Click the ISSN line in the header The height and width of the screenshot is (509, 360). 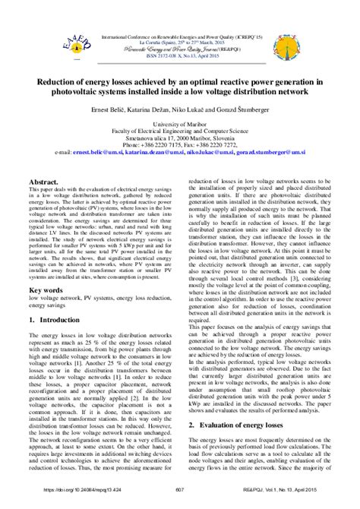180,55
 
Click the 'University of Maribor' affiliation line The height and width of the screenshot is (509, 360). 180,122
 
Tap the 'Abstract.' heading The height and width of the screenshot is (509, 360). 46,184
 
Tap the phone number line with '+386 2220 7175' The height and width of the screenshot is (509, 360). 180,144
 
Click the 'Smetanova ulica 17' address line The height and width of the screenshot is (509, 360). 180,137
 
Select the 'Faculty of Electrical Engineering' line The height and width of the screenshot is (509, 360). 180,129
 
